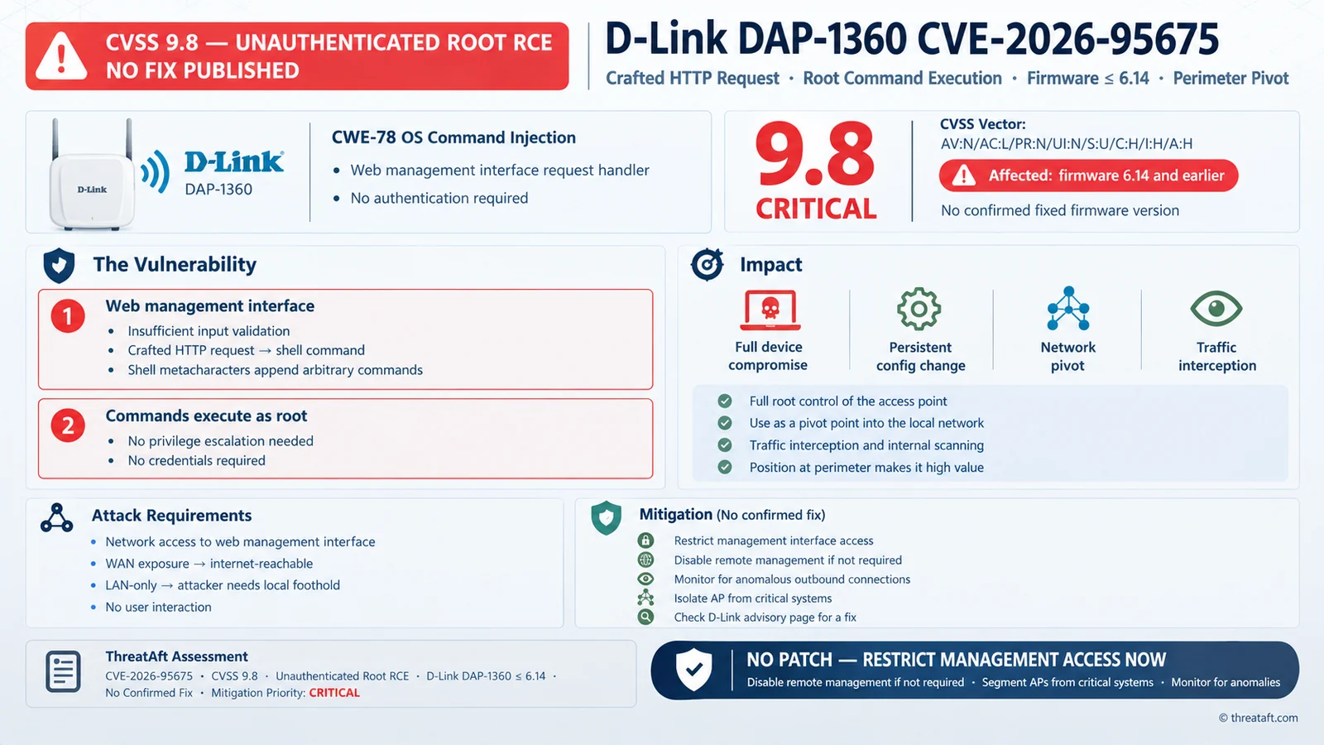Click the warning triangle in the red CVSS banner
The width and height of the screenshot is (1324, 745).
61,56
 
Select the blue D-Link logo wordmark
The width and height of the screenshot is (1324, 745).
234,162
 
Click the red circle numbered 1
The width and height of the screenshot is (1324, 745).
67,315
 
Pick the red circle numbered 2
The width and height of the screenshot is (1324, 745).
67,425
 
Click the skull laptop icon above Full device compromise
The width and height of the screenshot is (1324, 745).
770,310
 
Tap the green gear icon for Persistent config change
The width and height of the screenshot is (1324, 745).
919,309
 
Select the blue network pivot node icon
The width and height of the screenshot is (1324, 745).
1068,308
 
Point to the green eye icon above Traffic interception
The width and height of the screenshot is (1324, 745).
1216,309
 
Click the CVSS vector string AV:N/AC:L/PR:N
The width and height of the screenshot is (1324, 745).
1067,144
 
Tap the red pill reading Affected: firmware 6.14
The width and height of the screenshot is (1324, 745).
1088,175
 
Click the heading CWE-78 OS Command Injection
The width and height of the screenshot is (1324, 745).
453,137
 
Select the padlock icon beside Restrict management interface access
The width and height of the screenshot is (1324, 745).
645,541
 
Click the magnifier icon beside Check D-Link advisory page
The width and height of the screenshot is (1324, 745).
645,618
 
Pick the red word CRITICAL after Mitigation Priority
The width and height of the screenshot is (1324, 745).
334,693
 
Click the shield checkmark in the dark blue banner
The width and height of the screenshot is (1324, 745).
694,670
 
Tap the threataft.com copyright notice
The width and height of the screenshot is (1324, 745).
1259,718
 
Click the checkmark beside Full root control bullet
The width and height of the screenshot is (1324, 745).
725,401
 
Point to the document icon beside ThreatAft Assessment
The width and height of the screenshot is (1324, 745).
63,671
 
